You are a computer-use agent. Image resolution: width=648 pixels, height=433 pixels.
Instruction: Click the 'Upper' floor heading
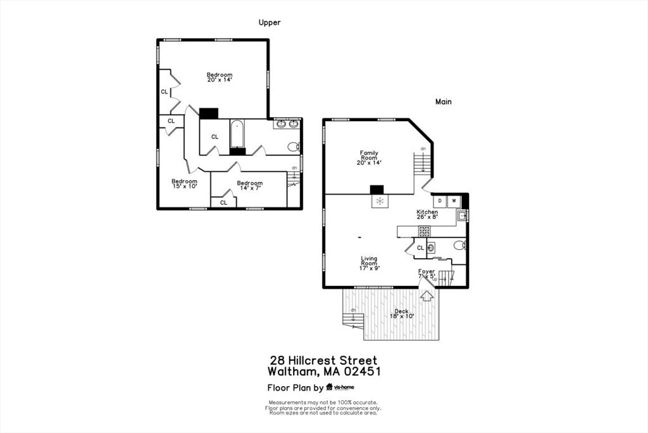269,23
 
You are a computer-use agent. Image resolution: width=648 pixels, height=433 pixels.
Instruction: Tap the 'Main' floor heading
443,101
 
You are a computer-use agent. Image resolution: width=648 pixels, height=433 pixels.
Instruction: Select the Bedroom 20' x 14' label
220,77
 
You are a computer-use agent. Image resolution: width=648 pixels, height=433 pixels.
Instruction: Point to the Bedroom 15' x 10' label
184,184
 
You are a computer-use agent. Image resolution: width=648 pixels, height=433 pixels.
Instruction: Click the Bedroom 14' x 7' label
249,186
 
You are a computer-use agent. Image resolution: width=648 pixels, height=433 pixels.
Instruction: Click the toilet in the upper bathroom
293,146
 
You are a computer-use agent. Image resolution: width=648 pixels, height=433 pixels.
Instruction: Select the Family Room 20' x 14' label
369,158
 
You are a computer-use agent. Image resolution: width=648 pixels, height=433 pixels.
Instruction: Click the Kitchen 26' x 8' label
427,214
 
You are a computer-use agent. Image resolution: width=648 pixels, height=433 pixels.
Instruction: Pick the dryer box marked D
440,202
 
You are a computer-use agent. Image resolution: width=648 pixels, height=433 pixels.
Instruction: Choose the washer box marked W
454,202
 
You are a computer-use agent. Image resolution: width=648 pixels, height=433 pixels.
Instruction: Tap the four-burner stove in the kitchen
425,231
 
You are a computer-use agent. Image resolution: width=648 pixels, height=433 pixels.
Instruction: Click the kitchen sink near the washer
463,216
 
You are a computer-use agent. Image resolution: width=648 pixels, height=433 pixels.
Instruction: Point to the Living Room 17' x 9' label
370,263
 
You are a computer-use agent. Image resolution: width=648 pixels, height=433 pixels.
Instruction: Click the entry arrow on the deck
427,295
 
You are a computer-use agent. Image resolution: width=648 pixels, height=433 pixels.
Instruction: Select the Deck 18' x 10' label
402,313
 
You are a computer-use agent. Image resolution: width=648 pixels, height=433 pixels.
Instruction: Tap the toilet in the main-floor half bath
460,245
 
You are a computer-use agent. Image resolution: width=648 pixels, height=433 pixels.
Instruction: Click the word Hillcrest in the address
325,360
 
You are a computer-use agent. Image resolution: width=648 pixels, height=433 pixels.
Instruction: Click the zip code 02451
358,372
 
